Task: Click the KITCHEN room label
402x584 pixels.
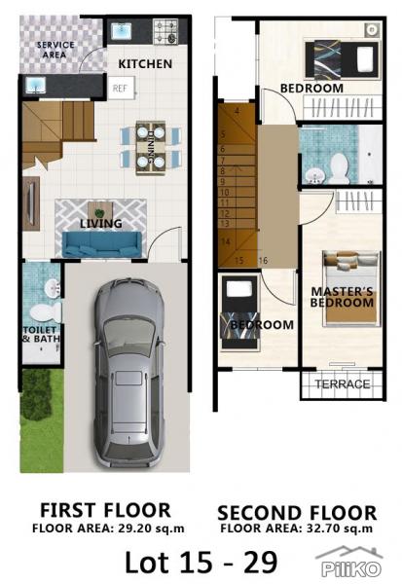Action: click(x=145, y=64)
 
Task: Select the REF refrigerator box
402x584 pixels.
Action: click(x=121, y=88)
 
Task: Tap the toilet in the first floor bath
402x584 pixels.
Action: click(x=43, y=313)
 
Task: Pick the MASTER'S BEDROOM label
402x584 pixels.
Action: click(x=342, y=297)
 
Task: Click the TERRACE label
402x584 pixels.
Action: click(x=343, y=385)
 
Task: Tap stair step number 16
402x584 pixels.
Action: click(x=264, y=261)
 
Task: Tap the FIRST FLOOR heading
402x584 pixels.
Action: click(x=105, y=510)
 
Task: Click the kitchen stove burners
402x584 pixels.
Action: click(x=164, y=32)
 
